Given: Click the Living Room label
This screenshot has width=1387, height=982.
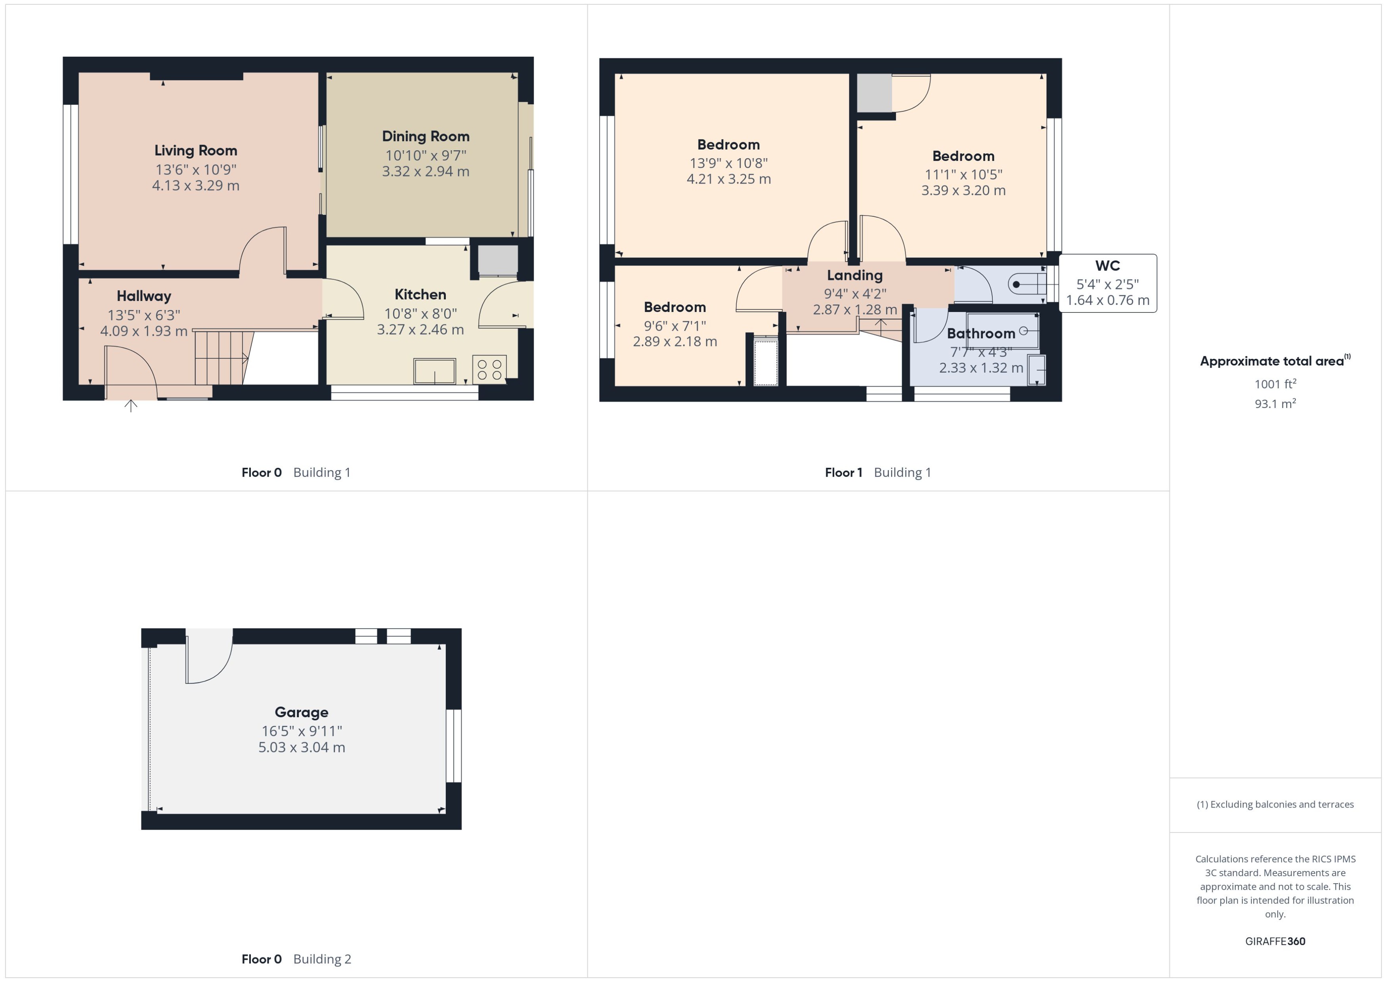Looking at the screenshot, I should (195, 151).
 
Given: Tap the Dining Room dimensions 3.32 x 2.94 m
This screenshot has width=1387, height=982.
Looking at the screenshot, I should (426, 171).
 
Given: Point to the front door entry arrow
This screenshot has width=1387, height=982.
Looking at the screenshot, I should (130, 405).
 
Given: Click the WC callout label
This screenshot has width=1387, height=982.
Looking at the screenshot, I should (1107, 266).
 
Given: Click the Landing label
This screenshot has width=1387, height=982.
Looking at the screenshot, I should (854, 275).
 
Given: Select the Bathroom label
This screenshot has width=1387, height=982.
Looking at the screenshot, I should (980, 333).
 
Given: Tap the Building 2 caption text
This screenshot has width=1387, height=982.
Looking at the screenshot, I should (322, 959).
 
